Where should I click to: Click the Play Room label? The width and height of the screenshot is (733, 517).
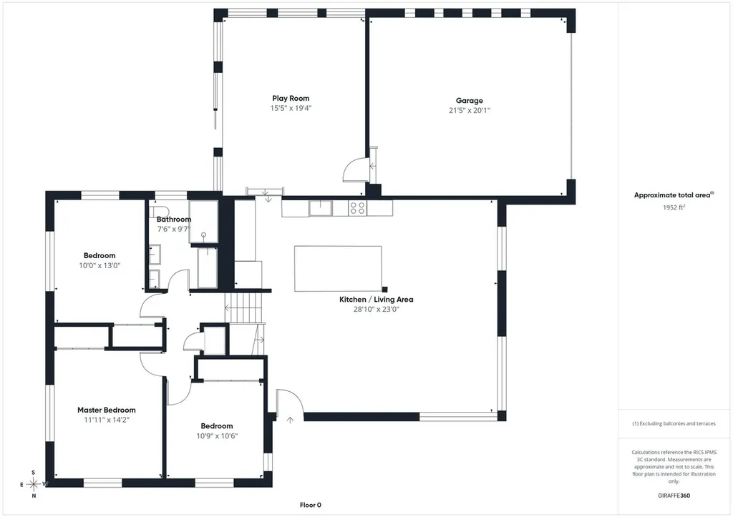click(x=291, y=98)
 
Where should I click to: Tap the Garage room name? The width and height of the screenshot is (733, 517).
click(x=470, y=100)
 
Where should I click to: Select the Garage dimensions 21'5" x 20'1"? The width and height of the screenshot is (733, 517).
click(x=470, y=111)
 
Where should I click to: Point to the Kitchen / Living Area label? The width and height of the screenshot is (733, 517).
click(x=377, y=300)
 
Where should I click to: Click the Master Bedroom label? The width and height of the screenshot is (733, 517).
click(x=107, y=410)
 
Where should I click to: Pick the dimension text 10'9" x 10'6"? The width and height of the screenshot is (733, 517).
click(x=217, y=436)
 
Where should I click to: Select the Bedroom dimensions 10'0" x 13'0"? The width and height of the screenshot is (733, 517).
click(x=99, y=266)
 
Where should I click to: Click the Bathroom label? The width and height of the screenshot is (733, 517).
click(x=174, y=219)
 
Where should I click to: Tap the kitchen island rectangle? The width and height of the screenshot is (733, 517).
click(x=338, y=269)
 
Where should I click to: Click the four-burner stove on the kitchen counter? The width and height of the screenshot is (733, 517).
click(x=358, y=208)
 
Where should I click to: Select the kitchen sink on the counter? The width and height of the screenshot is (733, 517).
click(x=321, y=208)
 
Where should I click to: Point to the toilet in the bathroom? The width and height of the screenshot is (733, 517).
click(x=160, y=211)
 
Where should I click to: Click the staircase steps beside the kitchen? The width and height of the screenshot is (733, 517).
click(x=245, y=307)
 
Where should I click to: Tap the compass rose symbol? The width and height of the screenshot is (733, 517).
click(x=34, y=484)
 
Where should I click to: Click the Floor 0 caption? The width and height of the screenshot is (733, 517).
click(x=311, y=505)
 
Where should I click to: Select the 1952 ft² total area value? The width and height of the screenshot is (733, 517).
click(x=674, y=207)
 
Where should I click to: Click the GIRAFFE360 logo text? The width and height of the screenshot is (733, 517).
click(x=674, y=496)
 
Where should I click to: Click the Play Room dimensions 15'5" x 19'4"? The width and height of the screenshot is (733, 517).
click(x=291, y=109)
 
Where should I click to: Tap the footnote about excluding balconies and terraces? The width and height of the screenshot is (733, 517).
click(x=674, y=423)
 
